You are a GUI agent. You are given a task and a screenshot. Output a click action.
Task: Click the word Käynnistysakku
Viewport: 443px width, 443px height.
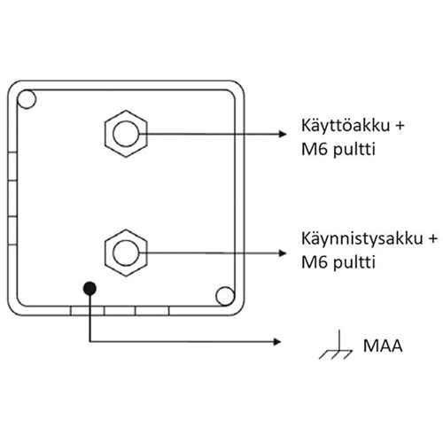pyautogui.click(x=362, y=239)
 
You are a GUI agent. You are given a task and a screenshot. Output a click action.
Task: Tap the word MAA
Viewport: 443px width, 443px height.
pyautogui.click(x=383, y=346)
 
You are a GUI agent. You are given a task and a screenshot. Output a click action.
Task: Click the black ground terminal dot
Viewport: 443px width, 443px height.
pyautogui.click(x=89, y=288)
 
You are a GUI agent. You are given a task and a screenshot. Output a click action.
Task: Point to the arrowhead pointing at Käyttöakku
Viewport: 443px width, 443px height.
pyautogui.click(x=283, y=134)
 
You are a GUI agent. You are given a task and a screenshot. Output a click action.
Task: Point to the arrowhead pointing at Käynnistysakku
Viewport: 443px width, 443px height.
pyautogui.click(x=283, y=253)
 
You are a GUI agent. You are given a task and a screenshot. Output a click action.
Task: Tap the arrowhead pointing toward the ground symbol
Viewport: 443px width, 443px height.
pyautogui.click(x=277, y=342)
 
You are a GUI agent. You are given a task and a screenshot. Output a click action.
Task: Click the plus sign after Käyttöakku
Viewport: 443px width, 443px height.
pyautogui.click(x=400, y=126)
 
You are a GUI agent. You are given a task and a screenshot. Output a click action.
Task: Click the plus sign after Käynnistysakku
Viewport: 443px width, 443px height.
pyautogui.click(x=432, y=239)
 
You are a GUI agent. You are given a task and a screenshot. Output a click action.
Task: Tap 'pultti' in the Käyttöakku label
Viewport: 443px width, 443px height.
pyautogui.click(x=354, y=150)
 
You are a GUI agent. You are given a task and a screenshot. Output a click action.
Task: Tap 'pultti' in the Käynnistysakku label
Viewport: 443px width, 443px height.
pyautogui.click(x=354, y=263)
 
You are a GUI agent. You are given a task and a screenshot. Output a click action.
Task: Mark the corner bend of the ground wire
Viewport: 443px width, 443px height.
pyautogui.click(x=89, y=342)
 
